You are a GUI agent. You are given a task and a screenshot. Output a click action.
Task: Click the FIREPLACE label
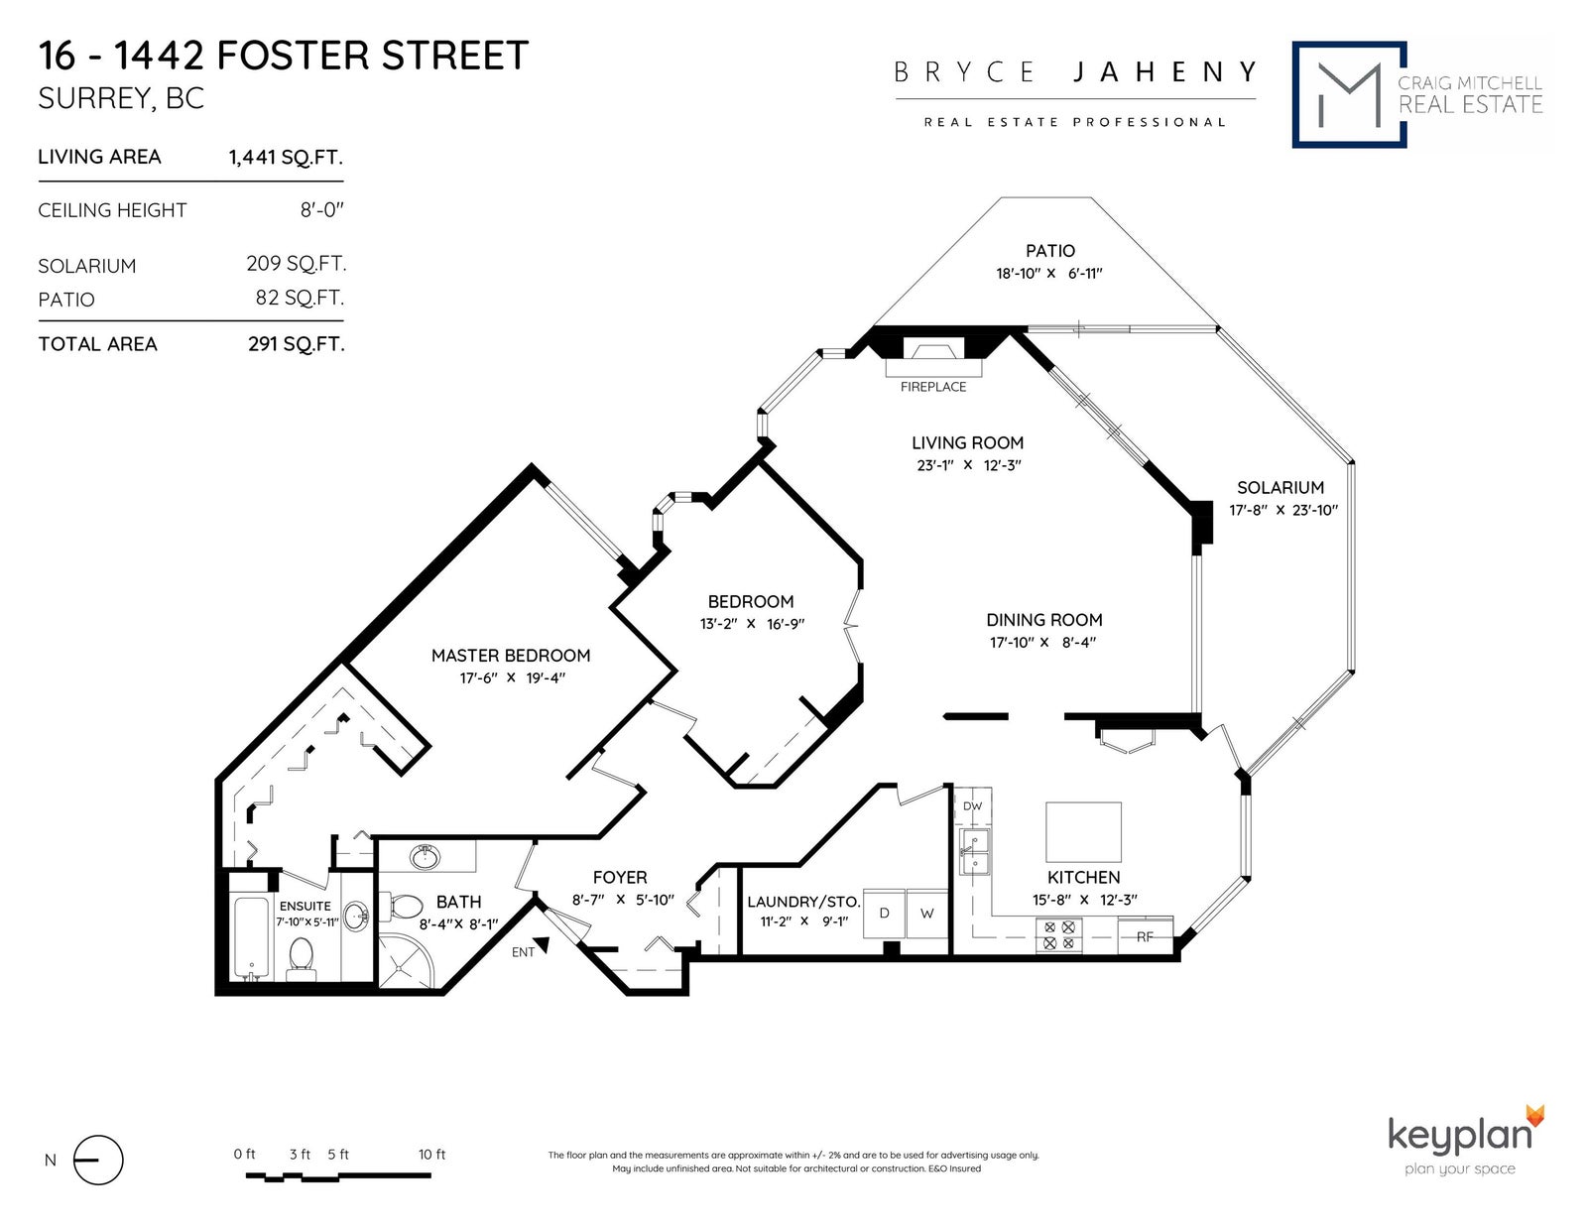[x=932, y=387]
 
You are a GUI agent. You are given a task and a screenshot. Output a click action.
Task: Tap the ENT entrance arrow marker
[x=542, y=945]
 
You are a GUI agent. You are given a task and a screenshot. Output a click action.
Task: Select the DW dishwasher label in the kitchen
[x=972, y=806]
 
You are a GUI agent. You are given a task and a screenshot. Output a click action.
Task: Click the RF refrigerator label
[x=1145, y=937]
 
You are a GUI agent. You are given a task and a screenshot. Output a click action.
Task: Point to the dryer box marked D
[x=884, y=913]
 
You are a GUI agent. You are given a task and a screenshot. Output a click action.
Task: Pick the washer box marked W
[x=926, y=913]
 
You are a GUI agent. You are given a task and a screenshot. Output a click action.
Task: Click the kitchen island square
[x=1083, y=832]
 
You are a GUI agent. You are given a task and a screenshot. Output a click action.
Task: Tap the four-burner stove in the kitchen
[x=1059, y=935]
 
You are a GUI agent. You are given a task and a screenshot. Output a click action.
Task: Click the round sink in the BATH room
[x=425, y=857]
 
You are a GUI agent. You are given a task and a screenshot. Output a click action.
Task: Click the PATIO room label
[x=1050, y=251]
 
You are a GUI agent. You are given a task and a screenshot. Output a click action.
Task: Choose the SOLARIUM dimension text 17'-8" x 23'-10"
[x=1283, y=511]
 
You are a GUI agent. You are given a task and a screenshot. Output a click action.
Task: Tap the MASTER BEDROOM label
[x=511, y=655]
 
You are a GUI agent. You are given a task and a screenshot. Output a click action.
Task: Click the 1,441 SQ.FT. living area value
[x=286, y=157]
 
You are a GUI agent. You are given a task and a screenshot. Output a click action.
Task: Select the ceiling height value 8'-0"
[x=321, y=210]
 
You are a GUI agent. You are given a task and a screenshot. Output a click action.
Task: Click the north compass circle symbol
[x=98, y=1160]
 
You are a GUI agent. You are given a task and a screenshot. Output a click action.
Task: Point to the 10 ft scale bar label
[x=431, y=1155]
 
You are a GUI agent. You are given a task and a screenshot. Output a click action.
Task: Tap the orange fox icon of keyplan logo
[x=1535, y=1115]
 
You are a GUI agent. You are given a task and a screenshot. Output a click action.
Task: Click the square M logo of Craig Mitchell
[x=1349, y=95]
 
